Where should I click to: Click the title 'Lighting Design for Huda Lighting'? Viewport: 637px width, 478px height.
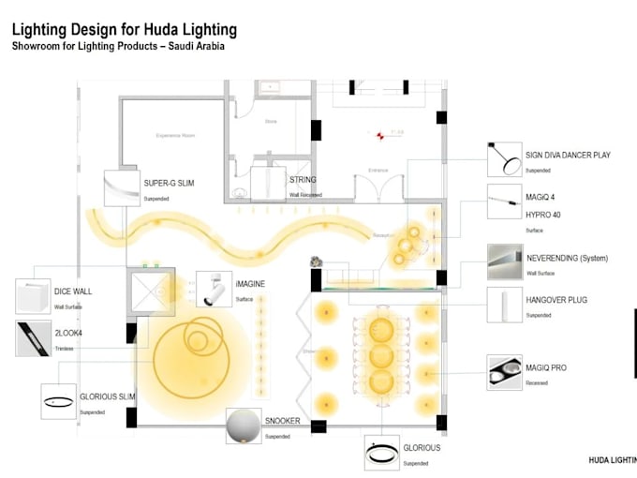click(124, 30)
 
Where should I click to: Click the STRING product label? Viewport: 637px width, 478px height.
click(303, 180)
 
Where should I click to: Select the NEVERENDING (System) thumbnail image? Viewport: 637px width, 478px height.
click(507, 262)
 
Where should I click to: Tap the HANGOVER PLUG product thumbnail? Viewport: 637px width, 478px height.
click(507, 306)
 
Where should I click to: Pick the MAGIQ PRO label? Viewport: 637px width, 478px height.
click(547, 368)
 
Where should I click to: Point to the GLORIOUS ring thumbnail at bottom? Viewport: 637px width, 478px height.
click(382, 454)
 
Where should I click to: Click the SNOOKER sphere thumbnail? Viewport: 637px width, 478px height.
click(243, 427)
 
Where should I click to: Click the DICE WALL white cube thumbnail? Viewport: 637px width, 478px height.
click(33, 296)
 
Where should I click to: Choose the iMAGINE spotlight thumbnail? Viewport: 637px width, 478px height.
click(213, 290)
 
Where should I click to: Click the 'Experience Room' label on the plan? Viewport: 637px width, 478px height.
click(174, 136)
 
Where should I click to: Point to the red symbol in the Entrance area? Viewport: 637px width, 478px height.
click(380, 136)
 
